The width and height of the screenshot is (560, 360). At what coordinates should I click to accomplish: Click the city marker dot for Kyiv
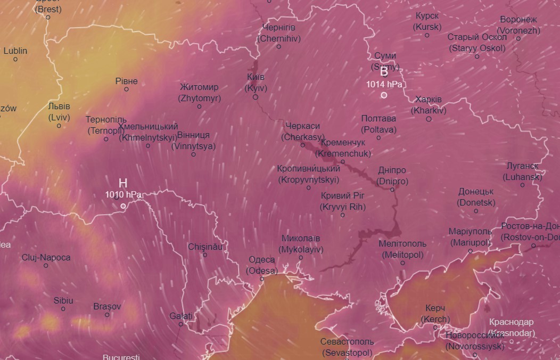256,97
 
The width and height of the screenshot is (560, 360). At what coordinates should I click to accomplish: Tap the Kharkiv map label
429,105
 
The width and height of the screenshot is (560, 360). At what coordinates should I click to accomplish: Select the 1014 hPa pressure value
384,84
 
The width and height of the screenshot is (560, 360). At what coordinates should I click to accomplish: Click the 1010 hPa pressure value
123,195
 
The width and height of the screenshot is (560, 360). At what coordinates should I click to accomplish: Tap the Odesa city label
262,265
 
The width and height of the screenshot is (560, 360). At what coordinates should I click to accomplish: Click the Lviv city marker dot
59,126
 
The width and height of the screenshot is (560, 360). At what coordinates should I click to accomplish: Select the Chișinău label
205,247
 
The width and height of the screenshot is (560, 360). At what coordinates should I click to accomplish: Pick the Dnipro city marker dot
392,189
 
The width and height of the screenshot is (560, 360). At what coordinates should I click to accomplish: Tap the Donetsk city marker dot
476,211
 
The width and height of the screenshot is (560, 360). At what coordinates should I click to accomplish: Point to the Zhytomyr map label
199,92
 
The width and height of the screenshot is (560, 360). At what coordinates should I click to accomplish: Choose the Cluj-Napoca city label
46,257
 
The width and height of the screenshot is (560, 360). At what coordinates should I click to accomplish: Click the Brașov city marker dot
107,315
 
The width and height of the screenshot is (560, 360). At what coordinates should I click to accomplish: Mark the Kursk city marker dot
427,35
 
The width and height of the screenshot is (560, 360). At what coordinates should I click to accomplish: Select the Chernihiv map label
279,32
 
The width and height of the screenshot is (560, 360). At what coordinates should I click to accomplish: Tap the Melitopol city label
402,249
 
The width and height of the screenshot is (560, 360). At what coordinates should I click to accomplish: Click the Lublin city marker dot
15,59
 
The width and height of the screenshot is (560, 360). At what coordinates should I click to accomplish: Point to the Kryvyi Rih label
343,201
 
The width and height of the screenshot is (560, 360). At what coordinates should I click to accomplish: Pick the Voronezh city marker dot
518,38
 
